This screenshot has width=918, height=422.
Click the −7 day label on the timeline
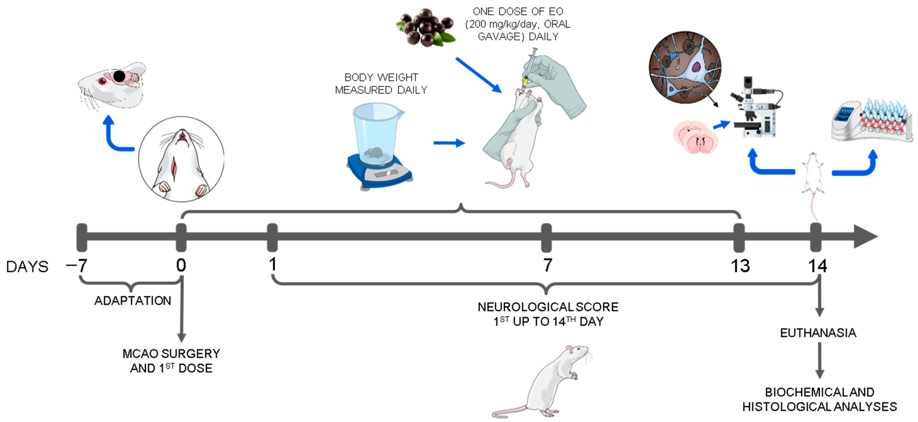pyautogui.click(x=77, y=265)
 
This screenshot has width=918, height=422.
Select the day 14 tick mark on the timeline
pyautogui.click(x=816, y=237)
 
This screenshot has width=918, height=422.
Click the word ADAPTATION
pyautogui.click(x=133, y=301)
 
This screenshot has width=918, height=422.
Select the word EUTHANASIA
pyautogui.click(x=818, y=333)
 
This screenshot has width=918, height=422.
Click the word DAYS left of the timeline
pyautogui.click(x=27, y=267)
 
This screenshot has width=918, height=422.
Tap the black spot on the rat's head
pyautogui.click(x=119, y=76)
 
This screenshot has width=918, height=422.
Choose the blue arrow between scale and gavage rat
pyautogui.click(x=449, y=143)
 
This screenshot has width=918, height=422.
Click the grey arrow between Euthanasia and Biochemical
pyautogui.click(x=819, y=360)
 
